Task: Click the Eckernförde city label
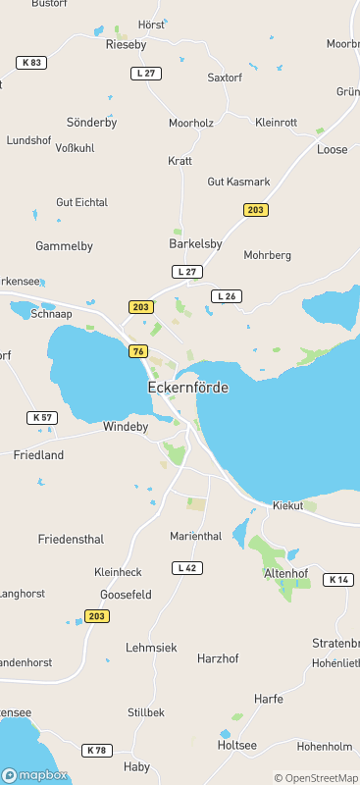(187, 388)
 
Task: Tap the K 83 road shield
(30, 63)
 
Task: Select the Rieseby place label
(126, 44)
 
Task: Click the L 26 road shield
(226, 296)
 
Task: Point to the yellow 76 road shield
(137, 351)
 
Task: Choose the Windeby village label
(127, 428)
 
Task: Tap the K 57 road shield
(42, 418)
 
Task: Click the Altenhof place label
(286, 573)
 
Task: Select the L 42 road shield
(186, 568)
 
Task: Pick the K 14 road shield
(337, 580)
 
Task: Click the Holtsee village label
(236, 745)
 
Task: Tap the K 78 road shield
(96, 751)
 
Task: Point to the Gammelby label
(64, 245)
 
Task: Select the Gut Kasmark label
(238, 183)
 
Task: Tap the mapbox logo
(35, 775)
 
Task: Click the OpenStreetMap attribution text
(316, 778)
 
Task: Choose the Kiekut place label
(287, 507)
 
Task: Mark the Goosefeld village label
(126, 595)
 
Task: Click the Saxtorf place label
(225, 77)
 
